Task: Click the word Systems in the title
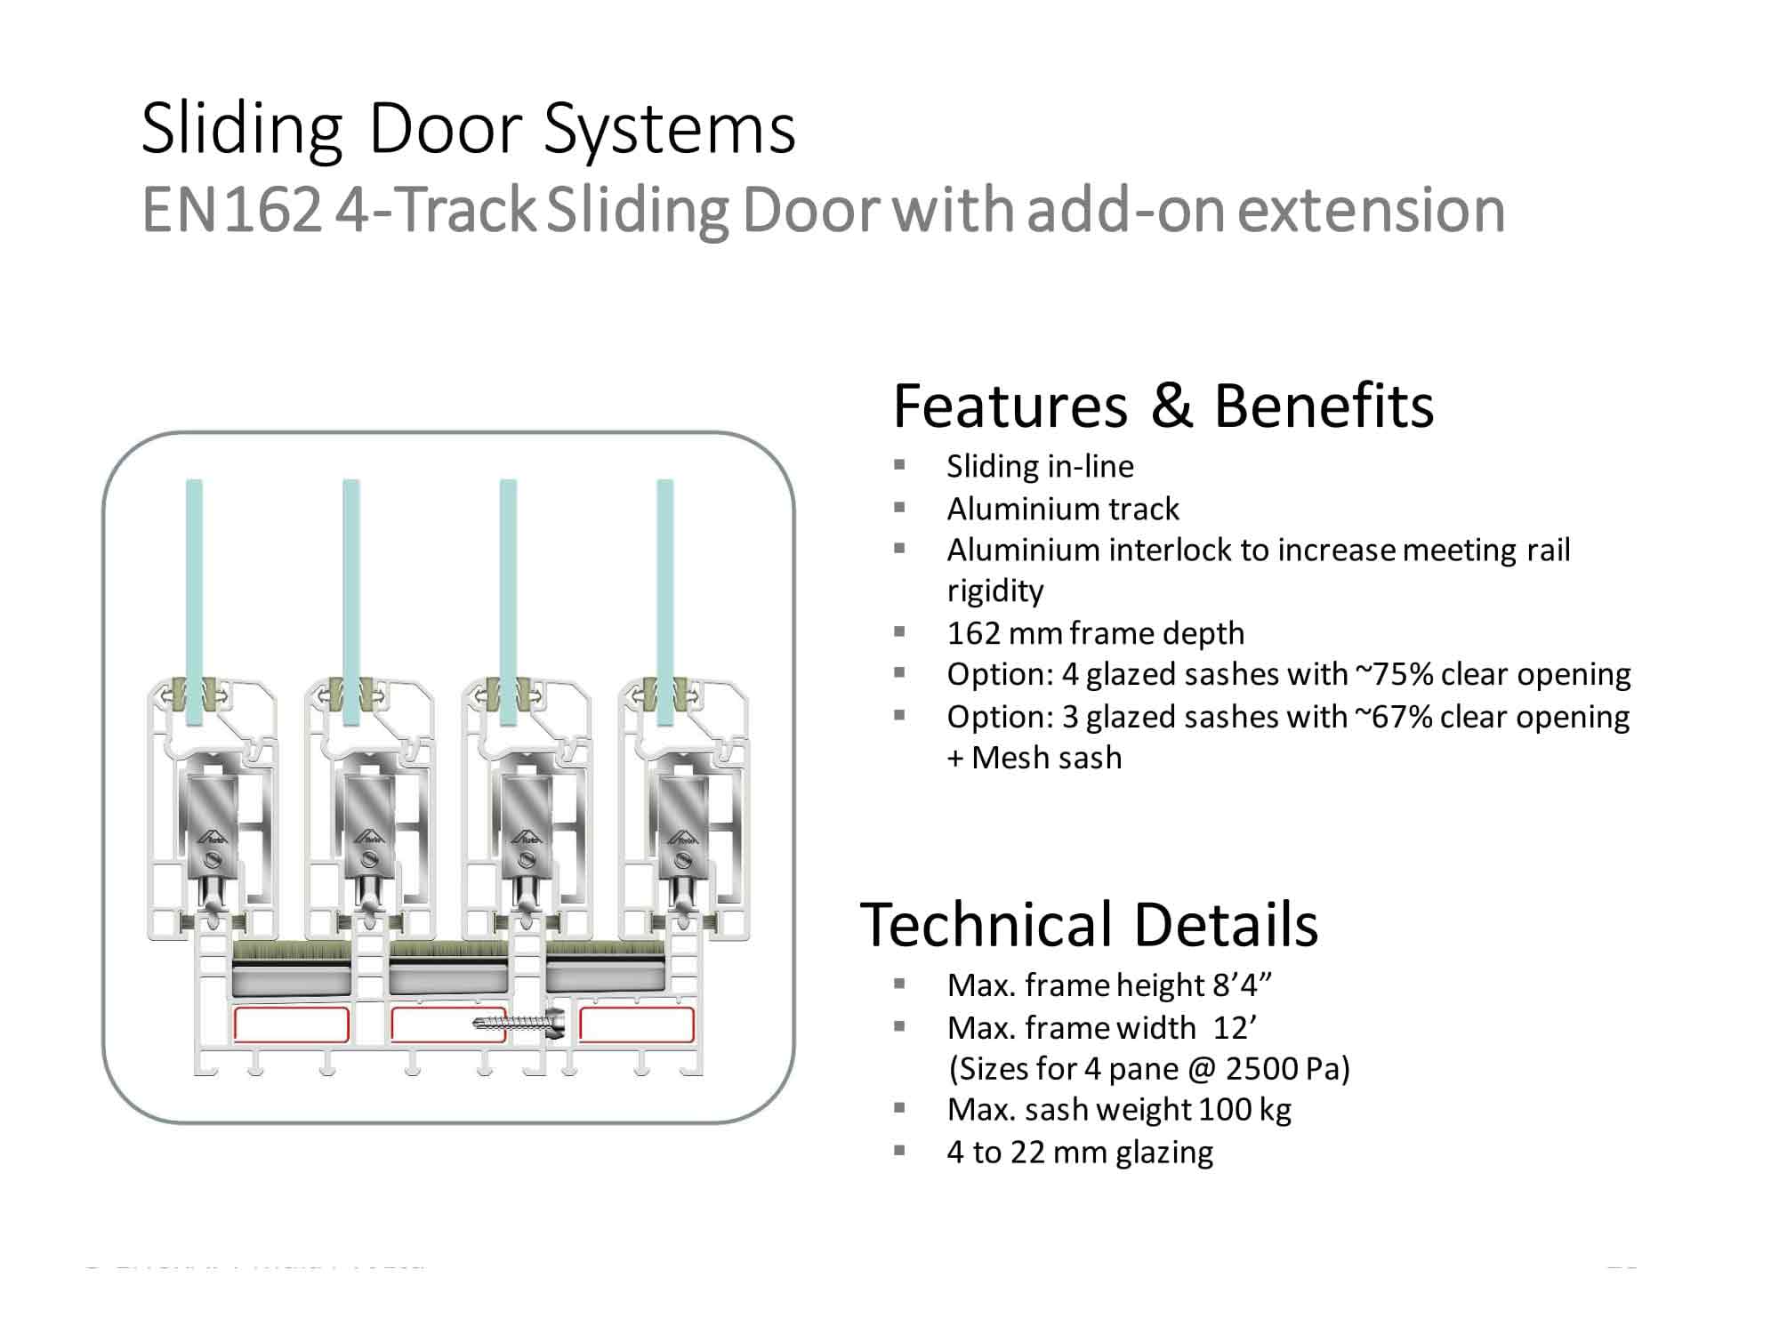tap(669, 130)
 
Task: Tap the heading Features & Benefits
tap(1163, 406)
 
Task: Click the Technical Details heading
tap(1088, 925)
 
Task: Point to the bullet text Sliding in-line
tap(1040, 466)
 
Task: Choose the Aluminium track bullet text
tap(1062, 509)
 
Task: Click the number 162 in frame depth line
tap(974, 633)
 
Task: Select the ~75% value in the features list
tap(1393, 674)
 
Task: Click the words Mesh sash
tap(1046, 758)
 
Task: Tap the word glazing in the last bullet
tap(1164, 1153)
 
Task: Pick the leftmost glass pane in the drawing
tap(194, 578)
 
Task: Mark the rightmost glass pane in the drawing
tap(664, 578)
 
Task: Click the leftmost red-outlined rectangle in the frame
tap(291, 1025)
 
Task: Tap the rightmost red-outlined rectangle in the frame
tap(636, 1025)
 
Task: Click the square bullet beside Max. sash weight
tap(899, 1108)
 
